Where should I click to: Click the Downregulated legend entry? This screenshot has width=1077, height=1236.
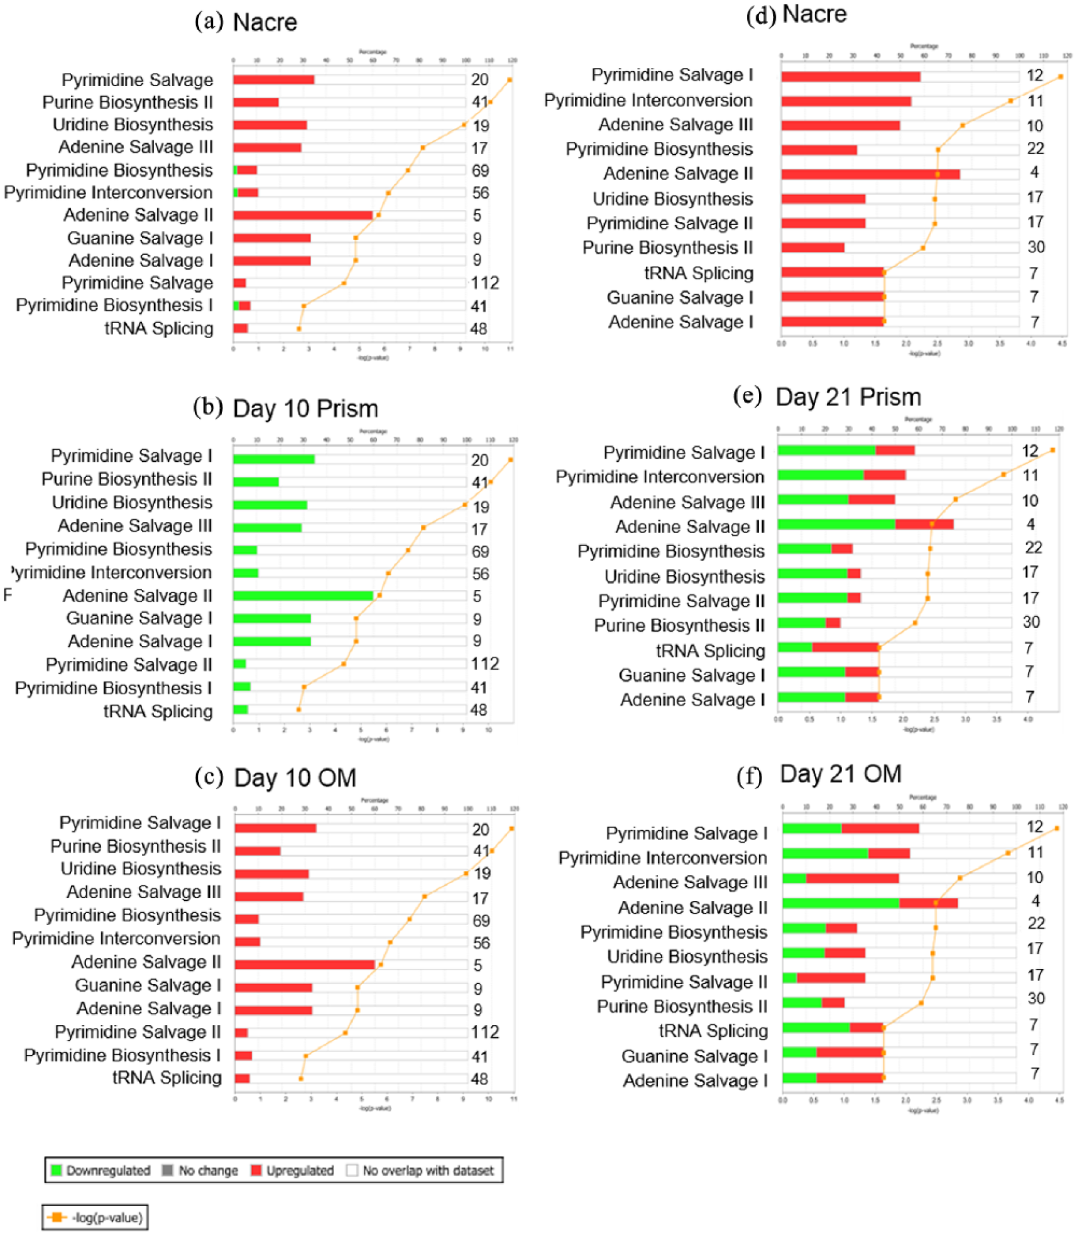[101, 1170]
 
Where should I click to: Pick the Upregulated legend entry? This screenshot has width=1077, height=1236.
[292, 1170]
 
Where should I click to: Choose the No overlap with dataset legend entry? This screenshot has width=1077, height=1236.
[420, 1170]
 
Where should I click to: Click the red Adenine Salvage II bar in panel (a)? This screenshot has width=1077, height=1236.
[302, 216]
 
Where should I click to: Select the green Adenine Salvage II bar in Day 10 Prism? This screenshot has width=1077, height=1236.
[302, 596]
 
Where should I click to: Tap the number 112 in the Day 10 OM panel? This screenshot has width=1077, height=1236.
[485, 1032]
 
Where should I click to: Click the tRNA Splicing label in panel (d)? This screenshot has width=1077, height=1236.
[698, 273]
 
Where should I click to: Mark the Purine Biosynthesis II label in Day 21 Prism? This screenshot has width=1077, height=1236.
[679, 625]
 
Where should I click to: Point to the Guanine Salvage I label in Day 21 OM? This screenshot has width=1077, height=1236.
[694, 1056]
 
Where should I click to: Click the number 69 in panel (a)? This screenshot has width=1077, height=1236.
[480, 170]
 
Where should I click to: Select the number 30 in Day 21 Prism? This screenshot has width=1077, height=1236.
[1031, 622]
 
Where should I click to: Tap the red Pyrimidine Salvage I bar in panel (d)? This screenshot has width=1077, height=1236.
[850, 77]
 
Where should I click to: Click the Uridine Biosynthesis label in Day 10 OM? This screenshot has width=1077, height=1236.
[140, 868]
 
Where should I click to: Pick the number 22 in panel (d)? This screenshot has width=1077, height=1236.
[1035, 148]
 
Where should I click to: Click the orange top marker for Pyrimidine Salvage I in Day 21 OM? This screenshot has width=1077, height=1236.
[1057, 828]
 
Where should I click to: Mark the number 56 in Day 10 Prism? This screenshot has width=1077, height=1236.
[480, 573]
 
